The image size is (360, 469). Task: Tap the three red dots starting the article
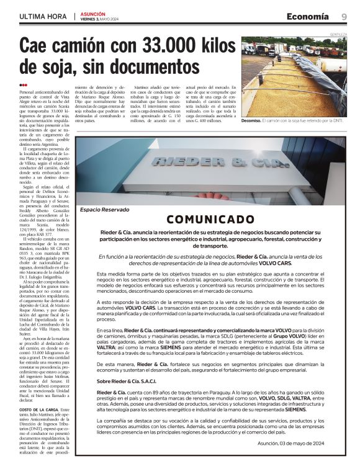[23, 85]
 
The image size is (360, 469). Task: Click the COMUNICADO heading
[210, 219]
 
